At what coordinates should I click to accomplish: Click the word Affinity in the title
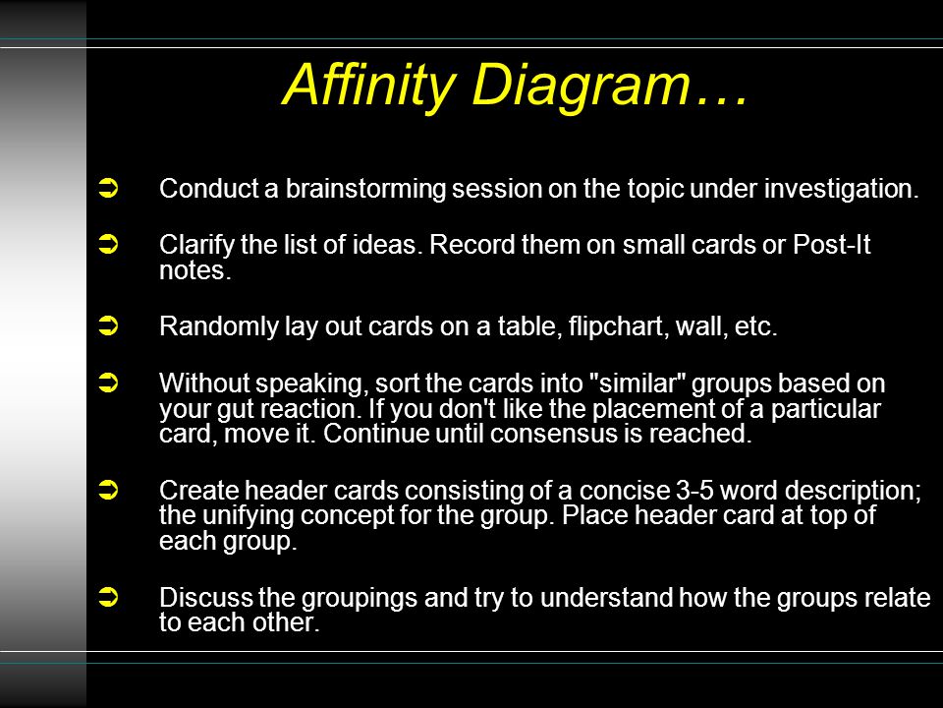pyautogui.click(x=368, y=85)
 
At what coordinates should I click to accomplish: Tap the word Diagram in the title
pyautogui.click(x=581, y=85)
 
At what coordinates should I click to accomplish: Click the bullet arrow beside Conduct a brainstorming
pyautogui.click(x=108, y=189)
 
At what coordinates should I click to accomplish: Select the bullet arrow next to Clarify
pyautogui.click(x=108, y=245)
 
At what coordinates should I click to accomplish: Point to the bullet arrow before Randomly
pyautogui.click(x=108, y=325)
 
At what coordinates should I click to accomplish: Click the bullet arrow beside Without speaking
pyautogui.click(x=108, y=383)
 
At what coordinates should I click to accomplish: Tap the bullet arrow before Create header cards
pyautogui.click(x=108, y=490)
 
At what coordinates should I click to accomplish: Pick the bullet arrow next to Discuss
pyautogui.click(x=108, y=597)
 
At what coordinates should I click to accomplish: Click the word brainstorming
pyautogui.click(x=365, y=190)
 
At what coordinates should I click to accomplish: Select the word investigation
pyautogui.click(x=842, y=190)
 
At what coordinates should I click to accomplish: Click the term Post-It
pyautogui.click(x=832, y=245)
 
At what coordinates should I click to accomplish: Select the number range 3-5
pyautogui.click(x=694, y=490)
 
